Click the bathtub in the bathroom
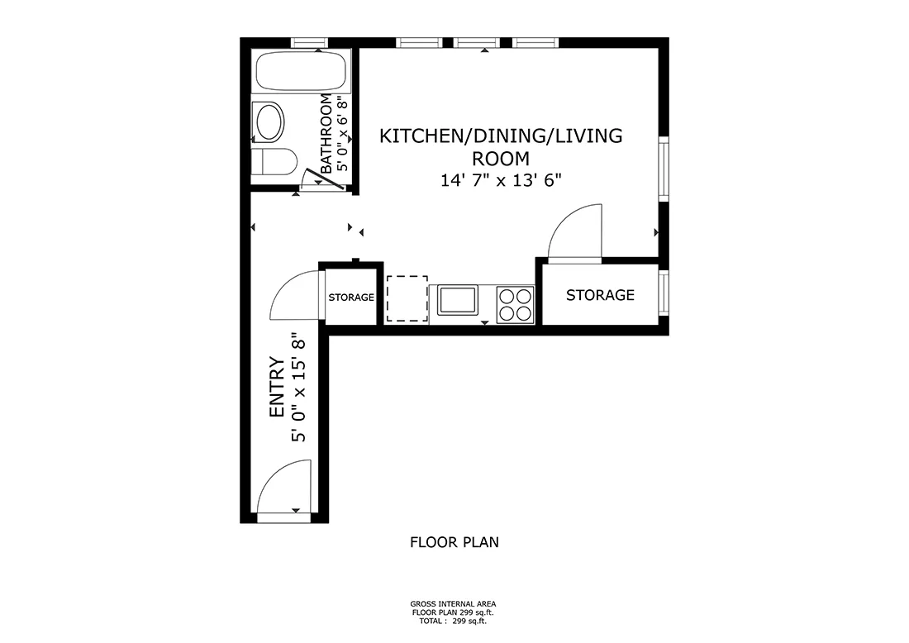point(300,72)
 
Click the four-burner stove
point(516,302)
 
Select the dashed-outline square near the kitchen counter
point(407,298)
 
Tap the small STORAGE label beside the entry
point(351,298)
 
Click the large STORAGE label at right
point(600,295)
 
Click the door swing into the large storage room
point(576,232)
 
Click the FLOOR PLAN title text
point(454,543)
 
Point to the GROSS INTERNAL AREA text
point(454,605)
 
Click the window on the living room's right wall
point(663,169)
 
